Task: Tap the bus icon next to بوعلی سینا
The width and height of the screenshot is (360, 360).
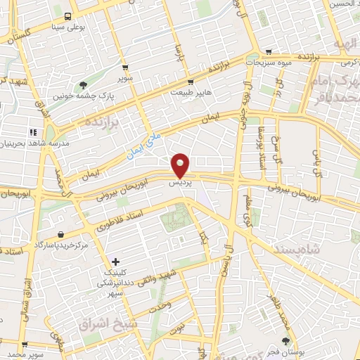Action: (x=67, y=17)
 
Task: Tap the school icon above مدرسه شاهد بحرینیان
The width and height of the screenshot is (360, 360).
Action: (x=32, y=131)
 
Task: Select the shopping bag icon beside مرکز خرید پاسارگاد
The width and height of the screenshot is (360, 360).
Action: (x=61, y=234)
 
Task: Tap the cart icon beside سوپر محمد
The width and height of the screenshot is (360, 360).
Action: (x=25, y=345)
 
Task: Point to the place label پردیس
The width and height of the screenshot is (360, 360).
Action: (x=181, y=182)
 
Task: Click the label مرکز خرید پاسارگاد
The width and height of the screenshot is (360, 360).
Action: (x=61, y=244)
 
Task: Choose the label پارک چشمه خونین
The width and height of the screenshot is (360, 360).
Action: (x=85, y=94)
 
